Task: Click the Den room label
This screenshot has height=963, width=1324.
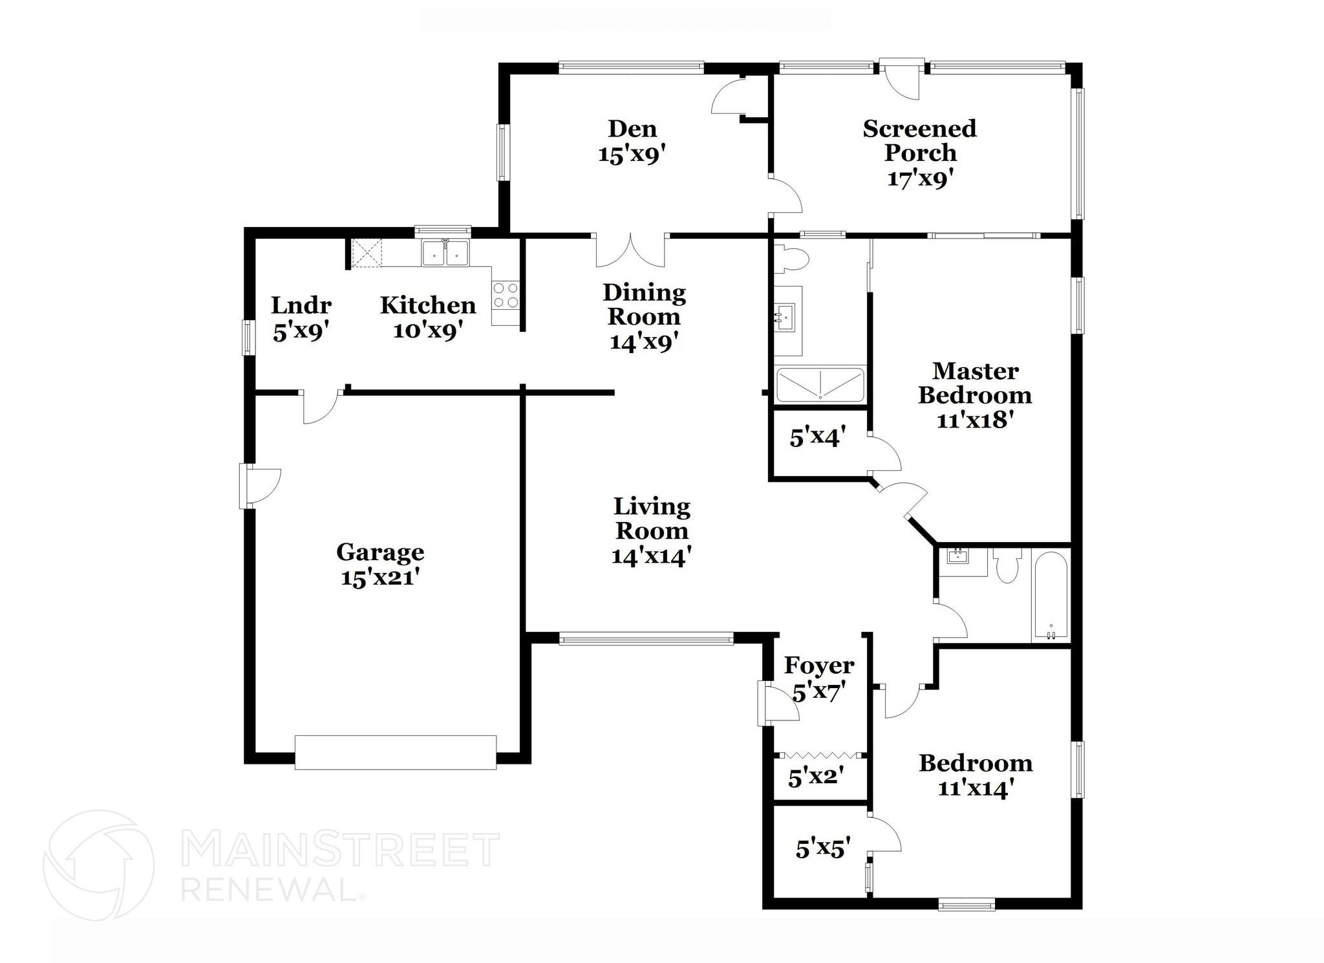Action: click(x=632, y=129)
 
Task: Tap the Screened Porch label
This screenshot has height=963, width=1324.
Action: click(x=919, y=140)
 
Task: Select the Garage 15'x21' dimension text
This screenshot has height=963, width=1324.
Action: click(x=381, y=577)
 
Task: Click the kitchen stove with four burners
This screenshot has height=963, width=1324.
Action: click(x=505, y=295)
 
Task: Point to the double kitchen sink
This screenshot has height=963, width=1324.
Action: click(x=445, y=252)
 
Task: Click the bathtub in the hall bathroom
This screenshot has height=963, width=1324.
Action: click(x=1051, y=596)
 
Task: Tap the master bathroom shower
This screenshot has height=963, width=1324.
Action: click(x=820, y=384)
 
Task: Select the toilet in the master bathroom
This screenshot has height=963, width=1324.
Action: click(x=792, y=259)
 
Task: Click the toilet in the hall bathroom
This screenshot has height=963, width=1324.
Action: click(x=1007, y=566)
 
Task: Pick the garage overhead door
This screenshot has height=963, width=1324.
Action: click(x=396, y=752)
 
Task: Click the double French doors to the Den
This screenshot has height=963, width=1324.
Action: click(x=630, y=251)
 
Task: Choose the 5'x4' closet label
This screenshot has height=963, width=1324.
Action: click(x=817, y=438)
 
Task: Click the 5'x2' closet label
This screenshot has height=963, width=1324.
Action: click(x=816, y=777)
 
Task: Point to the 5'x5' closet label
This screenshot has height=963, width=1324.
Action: click(x=822, y=848)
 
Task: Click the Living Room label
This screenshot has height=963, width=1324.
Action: click(x=652, y=519)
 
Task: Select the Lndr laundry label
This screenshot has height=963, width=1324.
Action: click(x=301, y=305)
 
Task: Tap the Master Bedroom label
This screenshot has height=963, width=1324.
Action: click(x=975, y=383)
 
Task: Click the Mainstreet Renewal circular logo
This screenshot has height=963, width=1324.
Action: click(x=99, y=865)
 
